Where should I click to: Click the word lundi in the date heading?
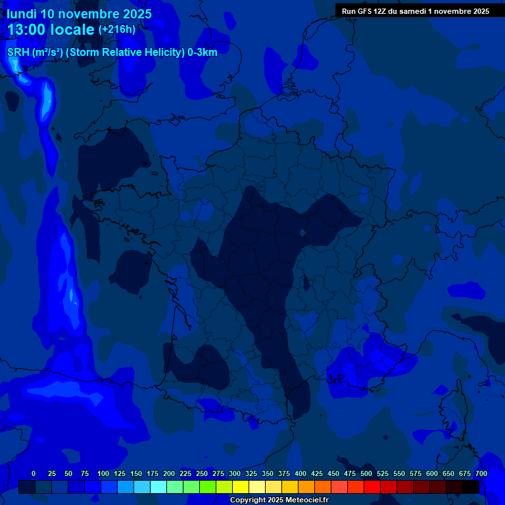pos(22,14)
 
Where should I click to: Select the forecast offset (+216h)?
pos(117,30)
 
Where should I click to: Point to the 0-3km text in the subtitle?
pos(203,52)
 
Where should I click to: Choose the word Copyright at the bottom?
pos(247,500)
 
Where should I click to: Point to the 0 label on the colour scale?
pos(34,474)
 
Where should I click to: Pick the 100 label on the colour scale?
pos(103,474)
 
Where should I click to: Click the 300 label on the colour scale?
pos(235,474)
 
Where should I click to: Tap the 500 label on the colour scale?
pos(366,474)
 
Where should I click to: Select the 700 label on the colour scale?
pos(481,474)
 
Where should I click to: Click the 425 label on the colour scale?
pos(317,474)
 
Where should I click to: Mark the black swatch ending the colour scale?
pos(470,487)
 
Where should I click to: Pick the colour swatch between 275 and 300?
pos(226,487)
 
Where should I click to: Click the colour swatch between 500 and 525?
pos(373,487)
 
